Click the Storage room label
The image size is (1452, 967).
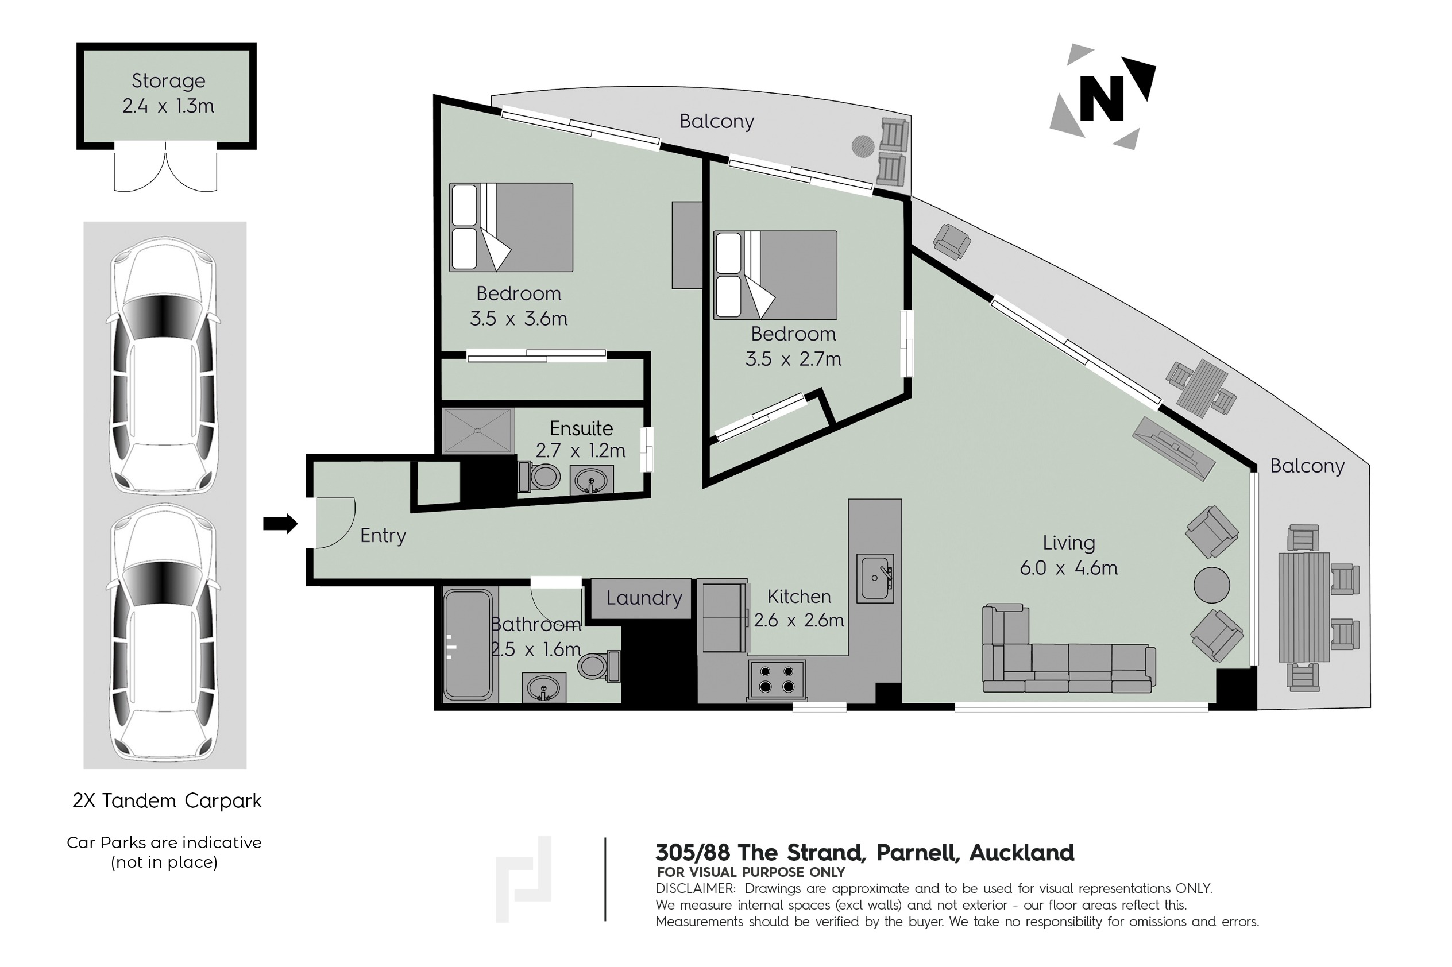point(168,81)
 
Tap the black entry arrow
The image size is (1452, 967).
point(280,524)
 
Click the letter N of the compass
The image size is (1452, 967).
point(1101,98)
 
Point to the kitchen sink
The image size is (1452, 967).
point(875,577)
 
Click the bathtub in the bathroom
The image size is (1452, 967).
point(468,645)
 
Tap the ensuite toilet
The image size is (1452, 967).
point(540,476)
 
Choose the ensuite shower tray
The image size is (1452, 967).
point(478,431)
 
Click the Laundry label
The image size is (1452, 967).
point(644,598)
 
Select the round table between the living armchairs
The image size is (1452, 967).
point(1211,585)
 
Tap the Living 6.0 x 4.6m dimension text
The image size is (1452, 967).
point(1068,567)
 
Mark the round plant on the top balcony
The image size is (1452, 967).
point(863,145)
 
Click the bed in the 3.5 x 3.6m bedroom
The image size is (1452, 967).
point(511,227)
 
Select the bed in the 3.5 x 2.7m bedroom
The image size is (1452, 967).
point(775,275)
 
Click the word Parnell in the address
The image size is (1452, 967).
point(917,853)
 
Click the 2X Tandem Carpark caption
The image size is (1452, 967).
point(167,801)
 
